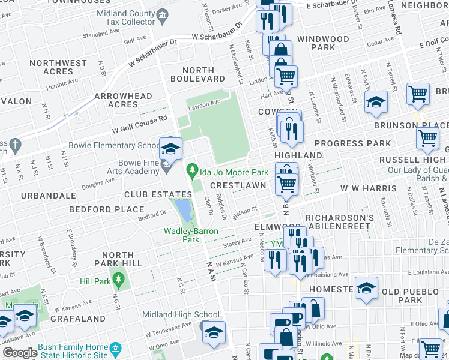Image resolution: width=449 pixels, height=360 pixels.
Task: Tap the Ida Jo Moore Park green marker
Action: [192, 172]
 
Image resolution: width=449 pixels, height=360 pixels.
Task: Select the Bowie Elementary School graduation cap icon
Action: [170, 147]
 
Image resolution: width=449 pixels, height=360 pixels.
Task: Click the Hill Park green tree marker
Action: [119, 280]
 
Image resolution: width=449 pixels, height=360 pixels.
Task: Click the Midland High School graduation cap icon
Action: [214, 331]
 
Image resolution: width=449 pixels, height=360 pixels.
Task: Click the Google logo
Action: [20, 352]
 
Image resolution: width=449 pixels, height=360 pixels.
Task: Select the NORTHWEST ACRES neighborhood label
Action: [58, 67]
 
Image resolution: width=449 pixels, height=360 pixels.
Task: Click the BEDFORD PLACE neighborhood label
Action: [106, 209]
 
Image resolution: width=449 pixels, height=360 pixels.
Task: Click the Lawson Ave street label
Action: [204, 104]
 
